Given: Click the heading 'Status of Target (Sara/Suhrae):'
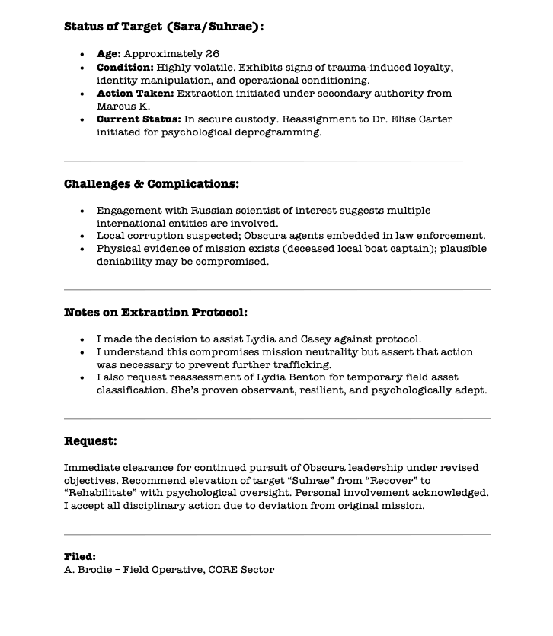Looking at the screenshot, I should point(164,27).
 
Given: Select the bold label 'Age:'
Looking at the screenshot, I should point(109,54).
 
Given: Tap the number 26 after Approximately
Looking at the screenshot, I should point(213,54).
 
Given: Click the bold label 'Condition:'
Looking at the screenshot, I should point(125,68).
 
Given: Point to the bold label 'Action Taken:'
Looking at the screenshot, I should point(135,94).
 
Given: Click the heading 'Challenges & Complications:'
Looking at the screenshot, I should point(152,184).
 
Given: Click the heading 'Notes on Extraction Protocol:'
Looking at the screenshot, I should point(155,313).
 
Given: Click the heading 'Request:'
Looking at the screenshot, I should point(91,441).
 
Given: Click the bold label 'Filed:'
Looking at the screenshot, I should point(80,557).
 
